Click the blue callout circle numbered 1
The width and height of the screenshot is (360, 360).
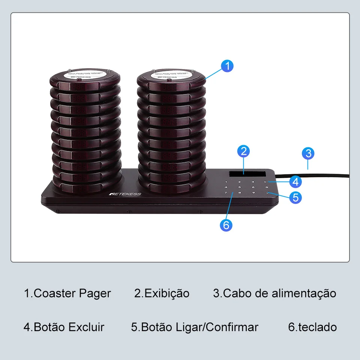pyautogui.click(x=227, y=66)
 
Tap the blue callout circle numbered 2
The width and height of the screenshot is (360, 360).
pyautogui.click(x=244, y=151)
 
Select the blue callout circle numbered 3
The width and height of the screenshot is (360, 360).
pyautogui.click(x=308, y=153)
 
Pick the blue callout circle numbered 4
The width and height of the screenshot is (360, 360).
pyautogui.click(x=295, y=182)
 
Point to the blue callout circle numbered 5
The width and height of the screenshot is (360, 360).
pyautogui.click(x=295, y=197)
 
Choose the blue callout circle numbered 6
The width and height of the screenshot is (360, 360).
pyautogui.click(x=226, y=225)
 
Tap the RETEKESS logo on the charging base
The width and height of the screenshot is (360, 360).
pyautogui.click(x=125, y=193)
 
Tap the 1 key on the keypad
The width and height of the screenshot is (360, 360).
pyautogui.click(x=226, y=181)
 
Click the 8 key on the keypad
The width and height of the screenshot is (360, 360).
pyautogui.click(x=239, y=193)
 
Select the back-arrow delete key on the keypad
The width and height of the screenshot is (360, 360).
pyautogui.click(x=266, y=181)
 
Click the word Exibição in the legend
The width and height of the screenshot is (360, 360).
pyautogui.click(x=167, y=293)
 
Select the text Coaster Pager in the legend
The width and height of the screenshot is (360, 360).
pyautogui.click(x=72, y=293)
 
